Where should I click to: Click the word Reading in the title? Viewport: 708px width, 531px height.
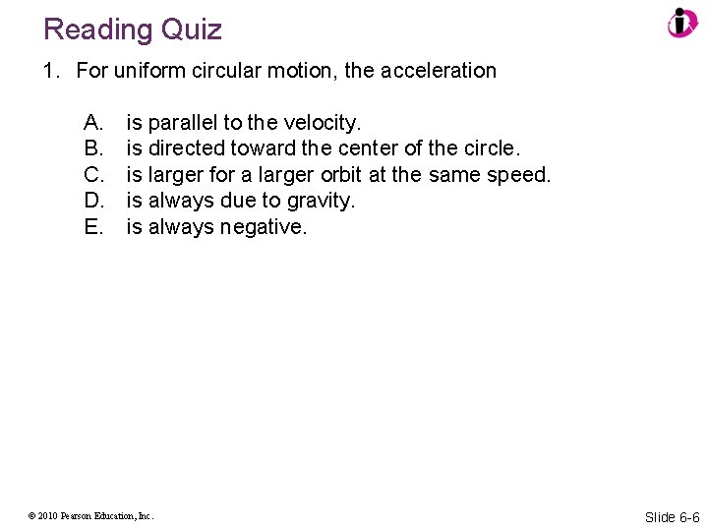click(x=94, y=29)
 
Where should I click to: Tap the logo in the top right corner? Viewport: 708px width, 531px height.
click(x=681, y=23)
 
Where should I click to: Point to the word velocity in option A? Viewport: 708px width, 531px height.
click(x=323, y=123)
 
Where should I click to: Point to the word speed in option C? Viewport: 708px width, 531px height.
click(x=521, y=175)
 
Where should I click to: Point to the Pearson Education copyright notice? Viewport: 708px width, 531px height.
click(x=91, y=514)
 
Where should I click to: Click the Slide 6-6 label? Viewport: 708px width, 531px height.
click(x=672, y=517)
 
